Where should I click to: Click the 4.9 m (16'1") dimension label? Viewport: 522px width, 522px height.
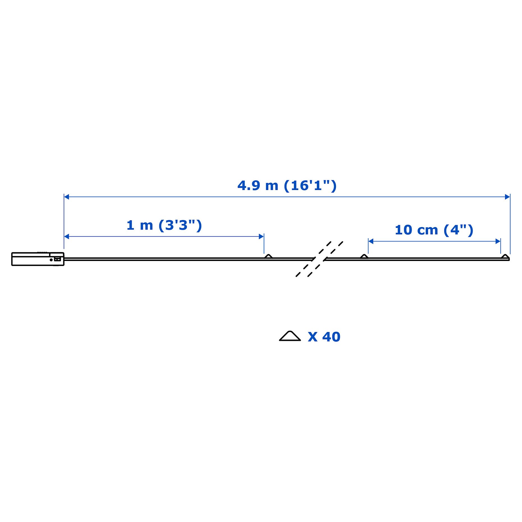point(287,186)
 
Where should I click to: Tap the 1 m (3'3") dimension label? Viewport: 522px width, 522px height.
point(164,225)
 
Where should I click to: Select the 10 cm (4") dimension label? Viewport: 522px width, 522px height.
point(434,230)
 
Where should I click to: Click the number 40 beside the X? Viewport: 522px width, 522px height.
point(331,337)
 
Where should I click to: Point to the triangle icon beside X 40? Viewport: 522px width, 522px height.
point(290,336)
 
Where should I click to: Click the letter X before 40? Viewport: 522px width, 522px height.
point(313,337)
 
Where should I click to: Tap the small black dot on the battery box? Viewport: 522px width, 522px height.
point(51,260)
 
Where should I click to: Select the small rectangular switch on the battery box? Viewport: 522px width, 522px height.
point(58,259)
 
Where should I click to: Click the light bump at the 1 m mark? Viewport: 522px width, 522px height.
point(268,256)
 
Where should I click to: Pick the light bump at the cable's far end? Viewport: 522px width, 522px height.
point(505,256)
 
